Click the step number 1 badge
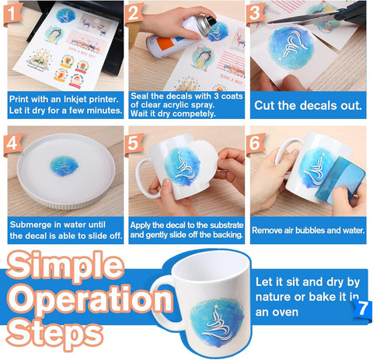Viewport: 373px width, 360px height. pos(12,13)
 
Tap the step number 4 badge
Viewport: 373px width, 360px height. pos(12,144)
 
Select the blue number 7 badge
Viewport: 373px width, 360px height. pos(363,309)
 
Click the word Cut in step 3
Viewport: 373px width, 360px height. pos(264,106)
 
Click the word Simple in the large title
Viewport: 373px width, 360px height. pos(64,267)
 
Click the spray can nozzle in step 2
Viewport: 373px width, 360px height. pos(211,20)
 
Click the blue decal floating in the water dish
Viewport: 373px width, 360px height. pos(64,166)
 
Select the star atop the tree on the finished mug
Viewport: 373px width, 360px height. pos(215,307)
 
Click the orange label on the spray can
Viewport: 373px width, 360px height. pos(165,44)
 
